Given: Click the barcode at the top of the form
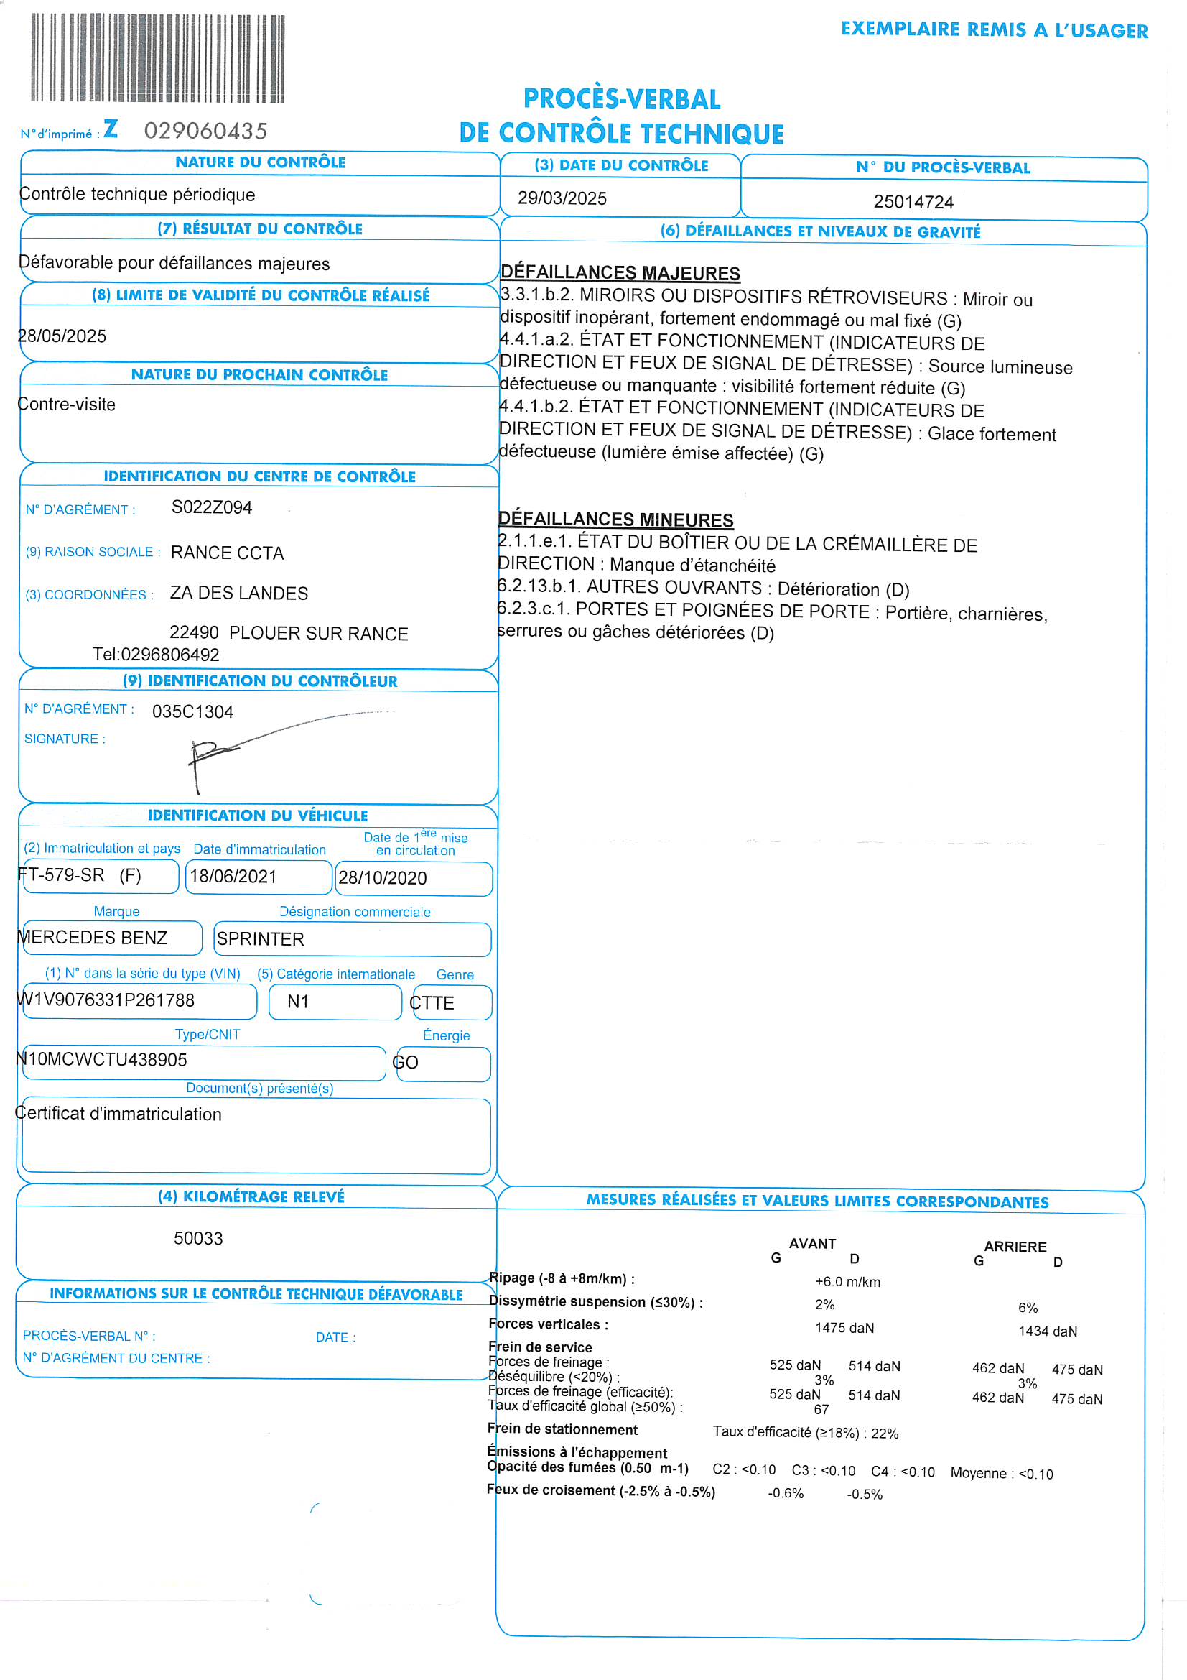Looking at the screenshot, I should point(157,58).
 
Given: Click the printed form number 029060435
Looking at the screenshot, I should point(205,131).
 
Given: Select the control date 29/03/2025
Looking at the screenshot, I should point(562,198).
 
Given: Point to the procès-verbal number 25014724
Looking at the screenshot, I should point(913,202).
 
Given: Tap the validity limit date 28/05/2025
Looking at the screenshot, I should point(62,336).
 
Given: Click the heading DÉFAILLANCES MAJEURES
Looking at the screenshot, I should point(620,273).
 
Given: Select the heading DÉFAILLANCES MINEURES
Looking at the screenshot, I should point(615,520).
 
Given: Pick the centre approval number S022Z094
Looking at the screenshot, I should point(211,508).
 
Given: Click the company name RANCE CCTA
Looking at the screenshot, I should point(227,553).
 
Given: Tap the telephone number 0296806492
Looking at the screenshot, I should point(169,655).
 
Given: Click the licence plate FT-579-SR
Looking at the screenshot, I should point(62,875).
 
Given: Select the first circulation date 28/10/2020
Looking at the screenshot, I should point(383,878).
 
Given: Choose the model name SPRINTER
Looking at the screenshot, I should point(261,939).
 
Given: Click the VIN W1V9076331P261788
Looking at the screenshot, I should point(106,1000).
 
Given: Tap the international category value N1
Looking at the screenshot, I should point(298,1002).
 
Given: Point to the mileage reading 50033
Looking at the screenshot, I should point(198,1239).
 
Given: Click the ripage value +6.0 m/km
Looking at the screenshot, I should point(847,1282).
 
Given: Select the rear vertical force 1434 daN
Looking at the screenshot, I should point(1047,1331).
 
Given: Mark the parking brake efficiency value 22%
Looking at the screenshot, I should point(884,1434).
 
